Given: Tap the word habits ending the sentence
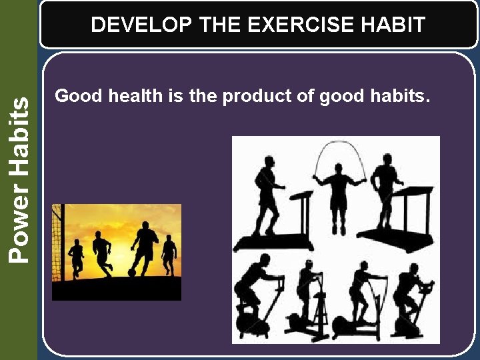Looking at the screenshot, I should [399, 96].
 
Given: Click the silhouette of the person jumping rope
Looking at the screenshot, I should [340, 197].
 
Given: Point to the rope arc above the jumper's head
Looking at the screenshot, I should [340, 147].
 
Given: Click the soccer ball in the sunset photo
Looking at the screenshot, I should [133, 272].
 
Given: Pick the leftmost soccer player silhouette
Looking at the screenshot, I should [77, 257].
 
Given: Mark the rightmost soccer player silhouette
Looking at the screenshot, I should [169, 255].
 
